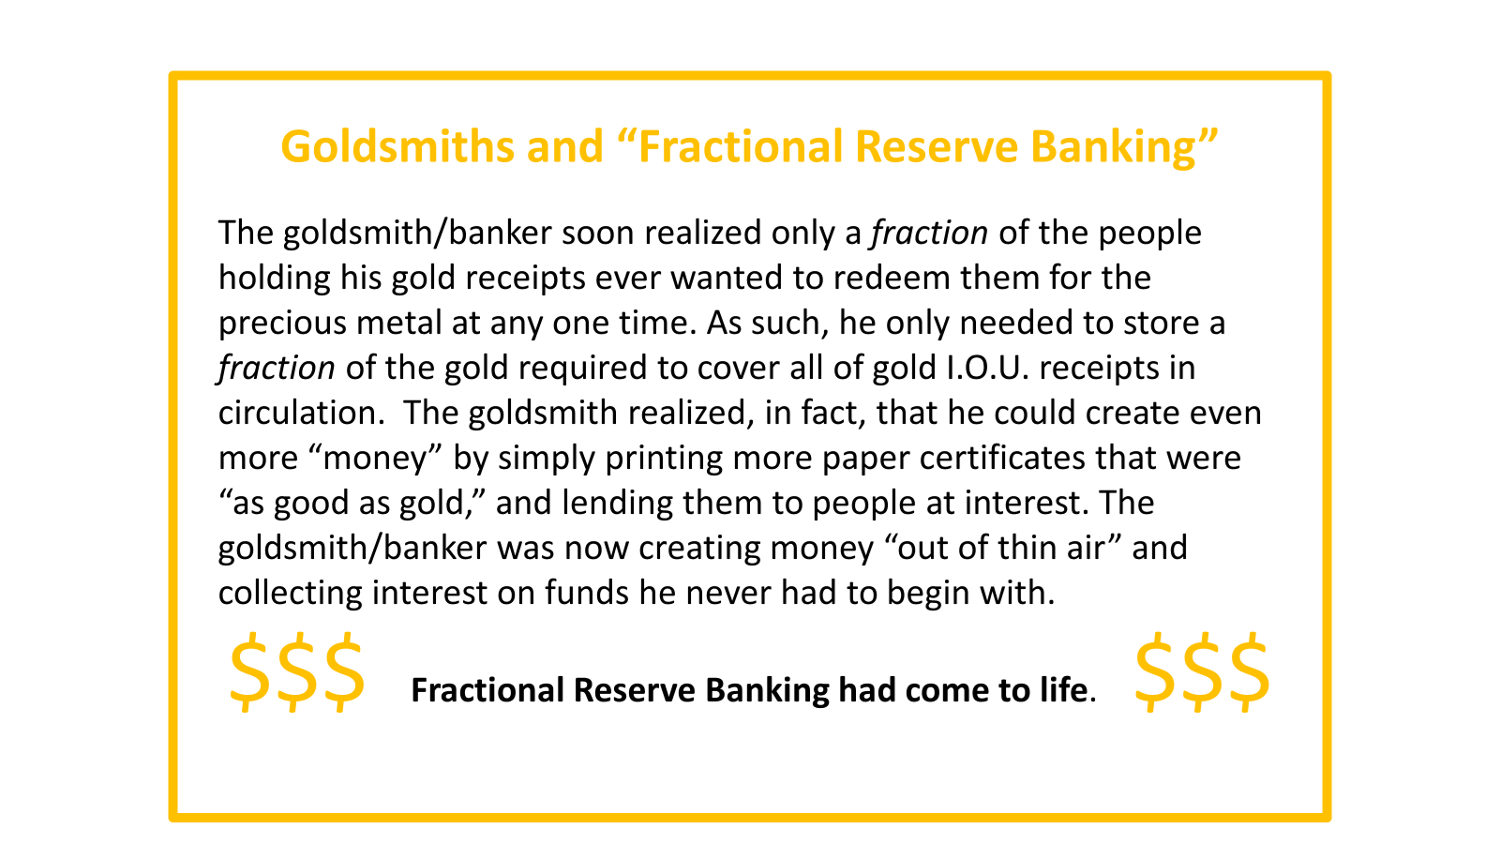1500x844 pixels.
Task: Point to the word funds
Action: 586,593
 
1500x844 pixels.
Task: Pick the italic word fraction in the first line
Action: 929,234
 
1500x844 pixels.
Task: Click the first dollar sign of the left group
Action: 249,671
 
